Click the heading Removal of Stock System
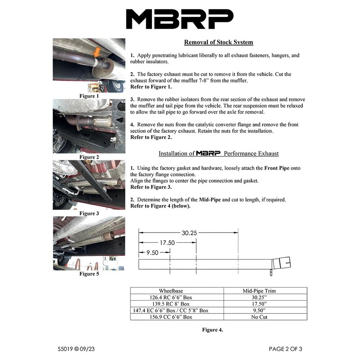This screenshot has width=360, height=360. click(x=218, y=42)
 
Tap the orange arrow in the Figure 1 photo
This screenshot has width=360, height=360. click(x=97, y=52)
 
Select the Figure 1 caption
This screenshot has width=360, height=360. click(x=89, y=96)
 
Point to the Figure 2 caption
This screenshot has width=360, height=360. click(x=89, y=157)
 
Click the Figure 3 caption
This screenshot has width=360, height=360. click(x=89, y=213)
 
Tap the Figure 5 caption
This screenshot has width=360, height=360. click(x=89, y=274)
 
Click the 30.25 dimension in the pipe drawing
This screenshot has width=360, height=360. click(x=189, y=233)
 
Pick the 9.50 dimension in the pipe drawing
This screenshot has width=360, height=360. click(x=152, y=252)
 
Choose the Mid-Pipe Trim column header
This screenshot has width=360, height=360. click(x=265, y=291)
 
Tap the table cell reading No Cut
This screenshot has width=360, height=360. click(x=265, y=317)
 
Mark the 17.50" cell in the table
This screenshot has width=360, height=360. click(x=265, y=304)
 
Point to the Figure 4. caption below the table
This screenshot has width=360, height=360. click(x=212, y=330)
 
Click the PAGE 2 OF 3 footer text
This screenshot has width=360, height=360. click(x=285, y=349)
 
